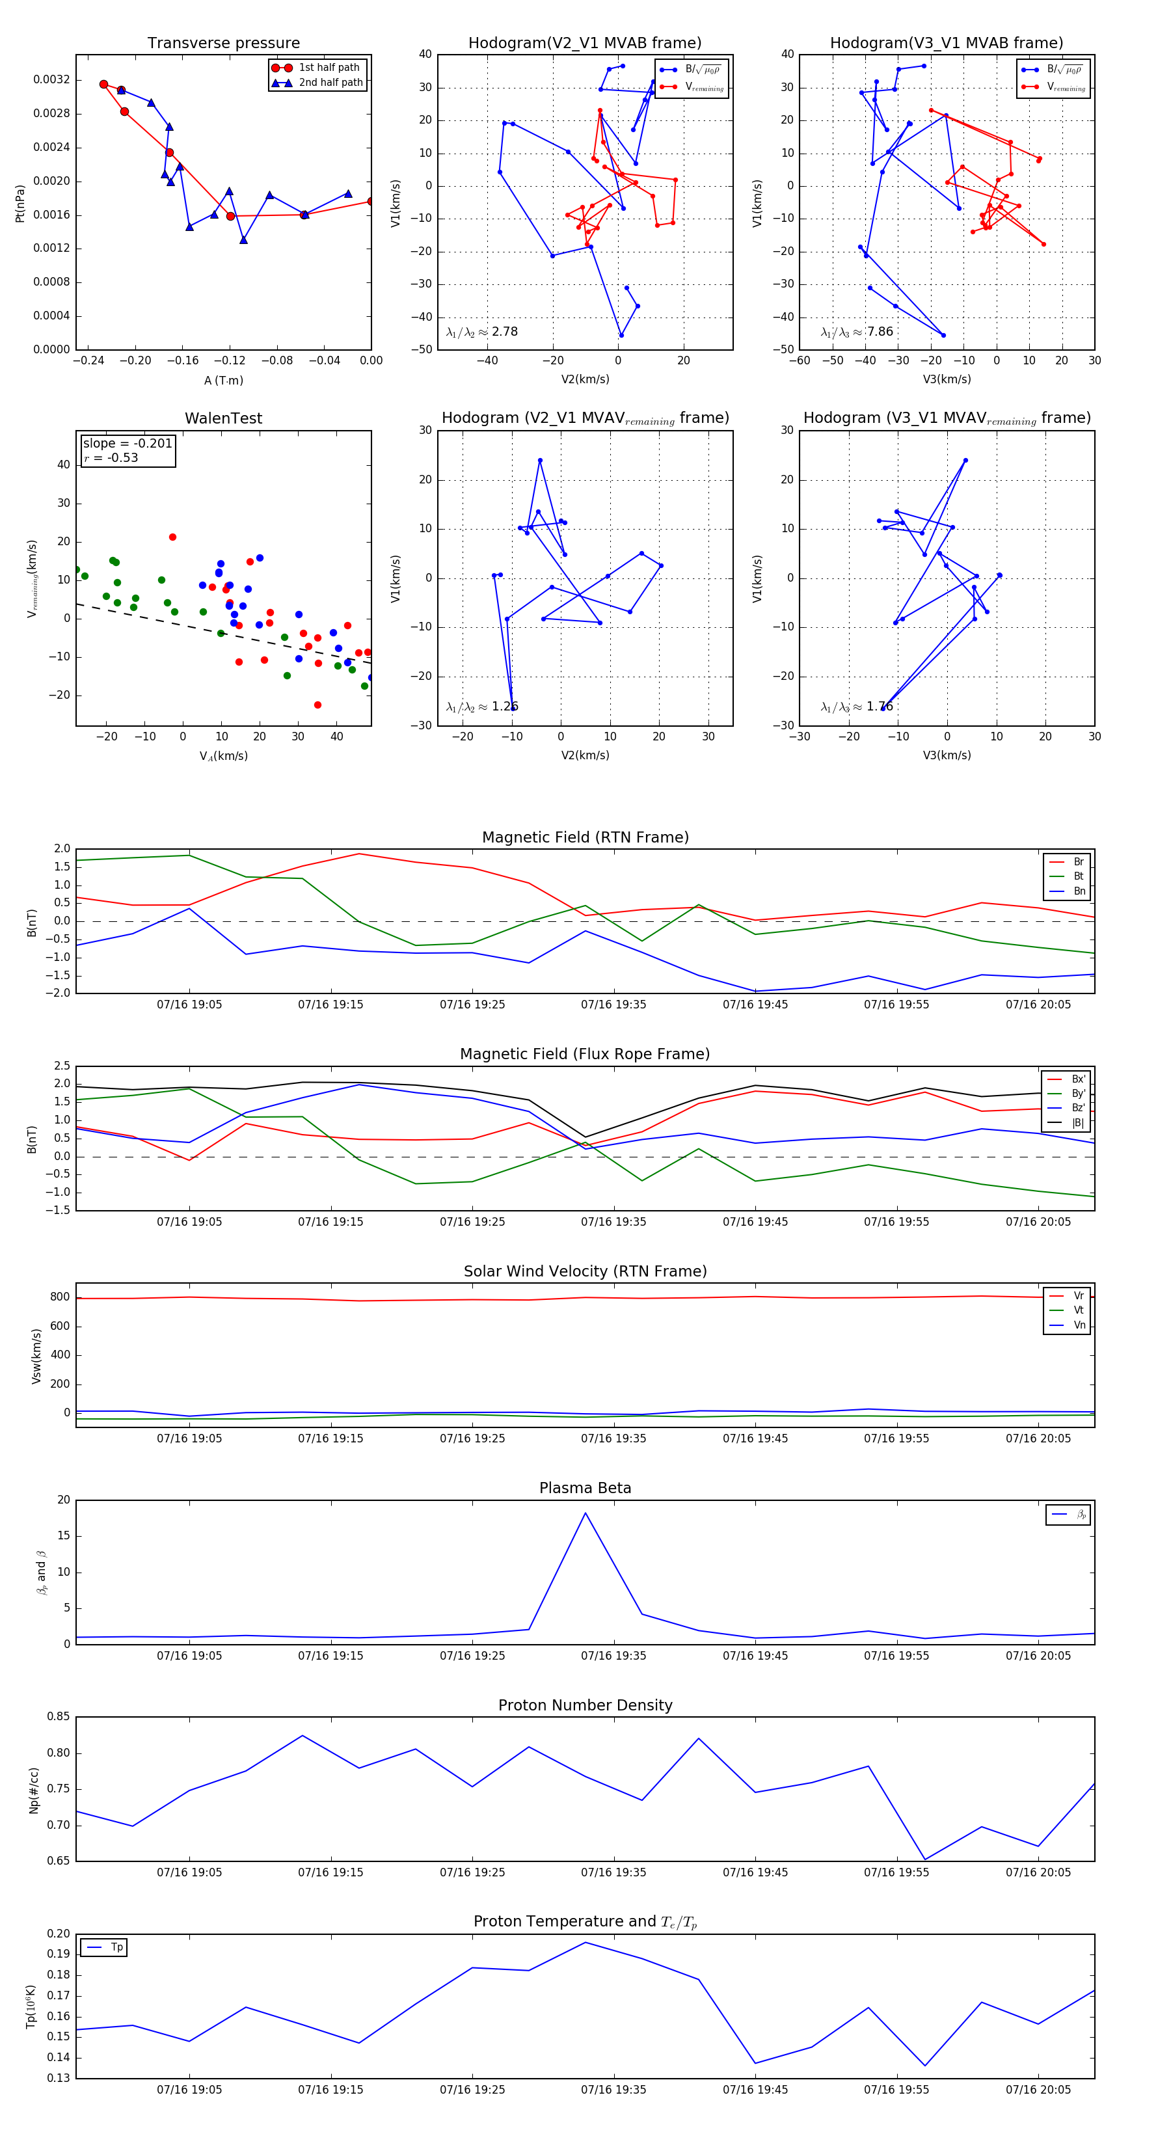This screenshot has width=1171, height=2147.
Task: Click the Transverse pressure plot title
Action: tap(223, 44)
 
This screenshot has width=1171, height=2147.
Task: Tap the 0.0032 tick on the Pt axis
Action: tap(51, 80)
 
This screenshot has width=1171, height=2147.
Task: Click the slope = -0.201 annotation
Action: tap(128, 444)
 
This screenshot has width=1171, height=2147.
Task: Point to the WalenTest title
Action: tap(223, 418)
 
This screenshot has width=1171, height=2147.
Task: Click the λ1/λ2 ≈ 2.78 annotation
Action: tap(481, 332)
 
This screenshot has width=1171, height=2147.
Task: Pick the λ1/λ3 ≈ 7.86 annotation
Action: tap(857, 332)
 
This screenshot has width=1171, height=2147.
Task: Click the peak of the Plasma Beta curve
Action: tap(585, 1513)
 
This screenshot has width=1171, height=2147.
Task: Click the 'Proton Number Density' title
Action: tap(585, 1705)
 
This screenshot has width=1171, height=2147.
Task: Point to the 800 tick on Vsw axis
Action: tap(59, 1297)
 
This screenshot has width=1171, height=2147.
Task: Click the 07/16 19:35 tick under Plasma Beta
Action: tap(613, 1655)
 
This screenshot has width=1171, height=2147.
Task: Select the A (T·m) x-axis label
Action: tap(223, 381)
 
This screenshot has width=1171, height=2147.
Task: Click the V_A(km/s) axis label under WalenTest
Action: tap(223, 756)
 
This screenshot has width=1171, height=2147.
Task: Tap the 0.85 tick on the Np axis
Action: tap(59, 1717)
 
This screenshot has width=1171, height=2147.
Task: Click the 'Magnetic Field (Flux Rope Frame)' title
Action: tap(585, 1055)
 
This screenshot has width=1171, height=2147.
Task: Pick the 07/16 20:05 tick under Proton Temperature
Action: tap(1038, 2090)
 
